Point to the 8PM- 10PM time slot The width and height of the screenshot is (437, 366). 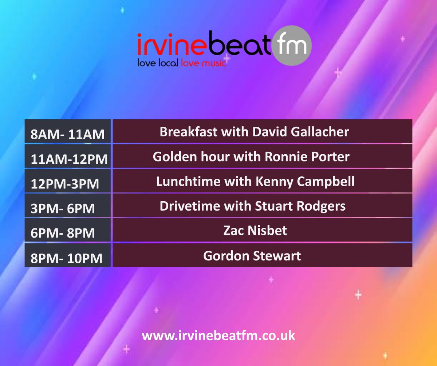click(x=66, y=258)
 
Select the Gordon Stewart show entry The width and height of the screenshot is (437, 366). click(x=252, y=255)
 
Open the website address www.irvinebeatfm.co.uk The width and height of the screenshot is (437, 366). click(x=219, y=335)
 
